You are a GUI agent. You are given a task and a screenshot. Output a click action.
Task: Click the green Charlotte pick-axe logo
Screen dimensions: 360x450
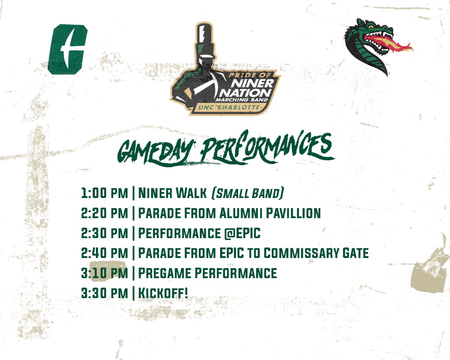click(67, 49)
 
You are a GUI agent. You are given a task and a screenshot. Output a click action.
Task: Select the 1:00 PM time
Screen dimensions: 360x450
click(105, 193)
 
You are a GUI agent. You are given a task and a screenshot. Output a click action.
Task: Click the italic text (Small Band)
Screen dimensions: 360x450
click(247, 193)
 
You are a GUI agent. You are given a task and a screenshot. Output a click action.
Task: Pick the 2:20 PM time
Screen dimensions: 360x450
click(105, 213)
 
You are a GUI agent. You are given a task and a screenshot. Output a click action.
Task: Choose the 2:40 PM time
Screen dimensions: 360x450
click(105, 253)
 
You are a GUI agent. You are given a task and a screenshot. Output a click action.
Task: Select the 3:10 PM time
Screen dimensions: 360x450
click(105, 273)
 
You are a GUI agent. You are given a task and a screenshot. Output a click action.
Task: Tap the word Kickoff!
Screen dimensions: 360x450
click(163, 293)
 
